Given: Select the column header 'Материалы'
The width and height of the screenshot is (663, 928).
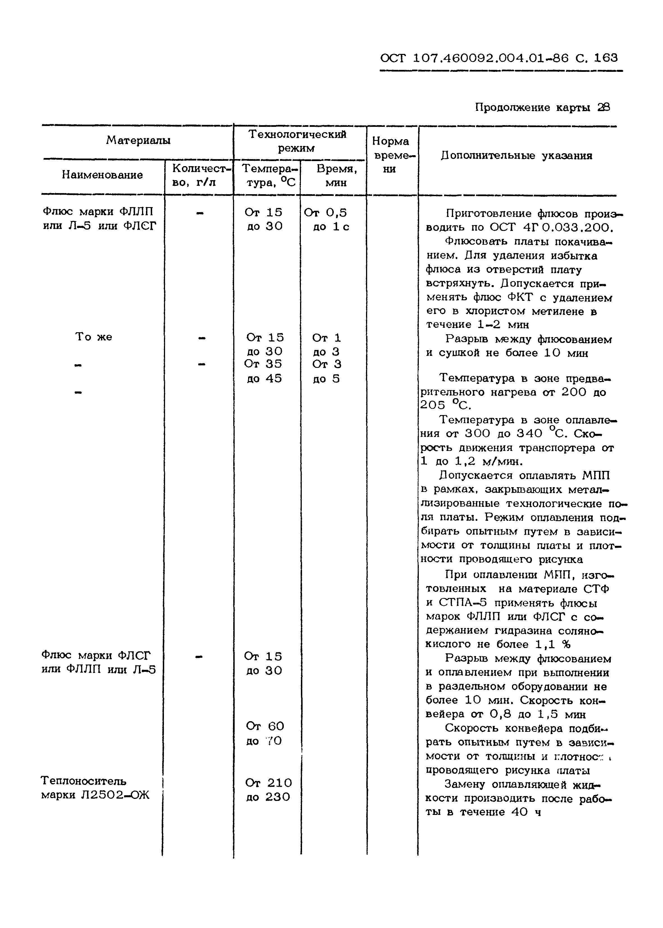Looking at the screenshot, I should click(x=138, y=140).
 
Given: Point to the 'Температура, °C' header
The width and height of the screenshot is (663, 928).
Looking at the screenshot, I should click(x=268, y=175).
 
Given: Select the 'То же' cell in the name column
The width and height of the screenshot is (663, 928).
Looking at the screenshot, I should click(x=93, y=337).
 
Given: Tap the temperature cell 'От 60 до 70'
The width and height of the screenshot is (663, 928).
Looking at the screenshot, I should click(x=264, y=733).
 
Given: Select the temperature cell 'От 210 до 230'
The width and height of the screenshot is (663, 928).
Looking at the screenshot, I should click(x=268, y=790).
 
